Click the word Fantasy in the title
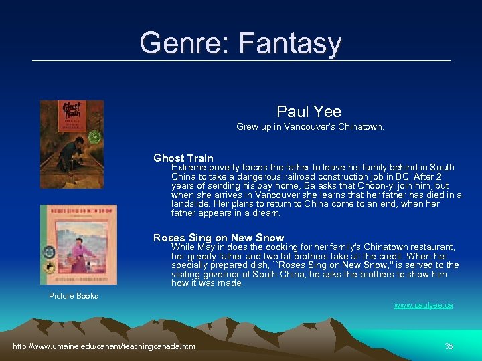[x=289, y=44]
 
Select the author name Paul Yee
[x=309, y=112]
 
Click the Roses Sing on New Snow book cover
[x=78, y=245]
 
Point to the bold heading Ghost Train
[x=183, y=158]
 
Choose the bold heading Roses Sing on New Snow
[x=218, y=238]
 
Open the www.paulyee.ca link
[x=423, y=305]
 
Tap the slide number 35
[x=449, y=346]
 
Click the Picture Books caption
[x=74, y=296]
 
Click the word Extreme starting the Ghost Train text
[x=188, y=168]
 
